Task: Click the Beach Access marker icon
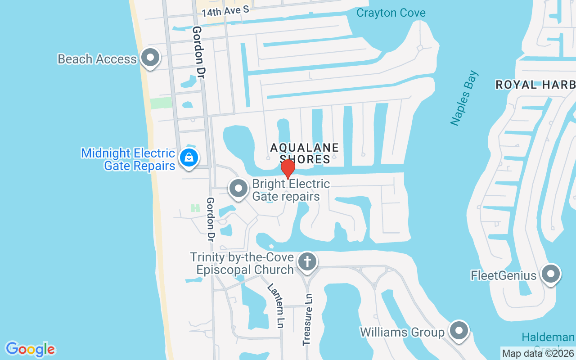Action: (150, 58)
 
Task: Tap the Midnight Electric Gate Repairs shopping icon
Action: (189, 158)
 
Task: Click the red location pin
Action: (288, 169)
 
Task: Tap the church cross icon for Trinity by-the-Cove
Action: (307, 261)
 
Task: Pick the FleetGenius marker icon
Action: (550, 274)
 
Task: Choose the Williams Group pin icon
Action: (459, 331)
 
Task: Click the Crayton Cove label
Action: (391, 13)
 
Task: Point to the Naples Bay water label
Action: (464, 98)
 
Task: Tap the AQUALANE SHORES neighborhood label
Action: (304, 153)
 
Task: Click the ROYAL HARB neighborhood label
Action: (535, 85)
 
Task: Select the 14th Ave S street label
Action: (225, 11)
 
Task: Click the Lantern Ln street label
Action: (275, 306)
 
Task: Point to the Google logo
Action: (31, 349)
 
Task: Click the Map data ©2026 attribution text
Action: (538, 354)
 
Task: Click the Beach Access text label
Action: (97, 59)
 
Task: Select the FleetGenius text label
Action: (504, 275)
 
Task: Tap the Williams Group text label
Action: (402, 332)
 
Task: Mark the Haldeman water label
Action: (548, 337)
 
